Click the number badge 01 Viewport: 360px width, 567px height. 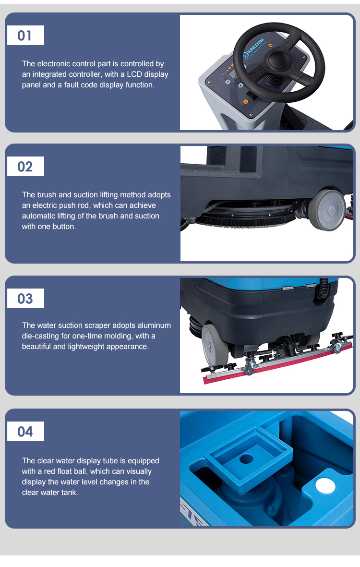(x=25, y=36)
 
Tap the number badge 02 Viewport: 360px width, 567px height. (x=25, y=166)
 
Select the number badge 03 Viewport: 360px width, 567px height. (x=25, y=298)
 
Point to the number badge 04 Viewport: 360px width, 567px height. (x=25, y=432)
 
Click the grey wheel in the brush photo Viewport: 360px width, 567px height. (x=327, y=210)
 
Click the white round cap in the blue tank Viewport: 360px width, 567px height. (x=325, y=486)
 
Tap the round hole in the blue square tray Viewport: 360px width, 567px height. (x=247, y=459)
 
